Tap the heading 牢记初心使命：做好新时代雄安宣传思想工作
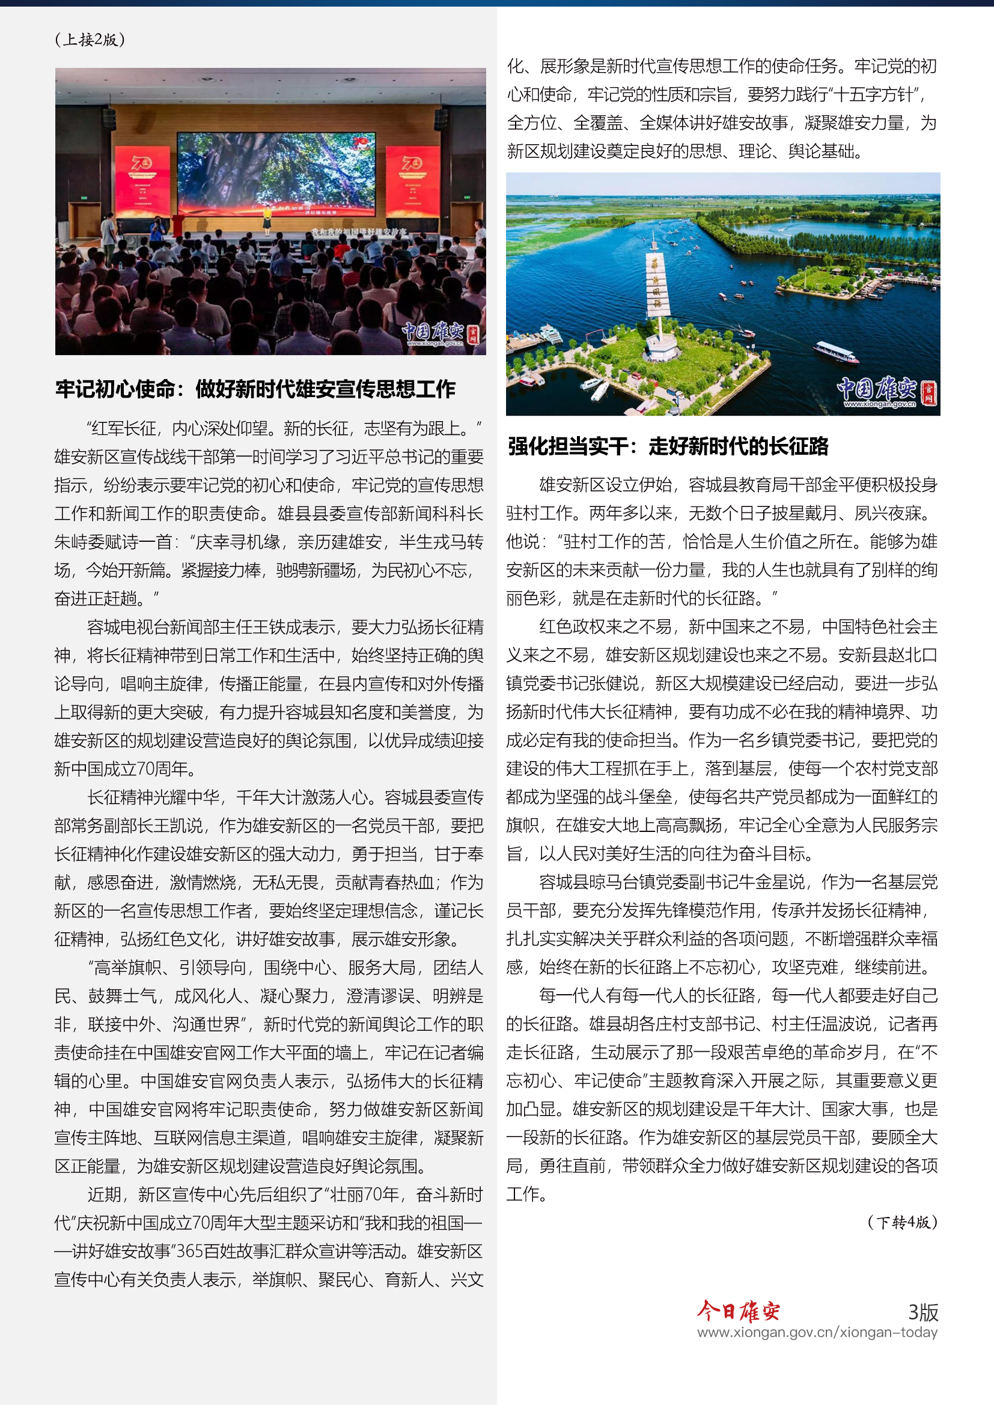tap(255, 389)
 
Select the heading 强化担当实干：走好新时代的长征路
tap(668, 447)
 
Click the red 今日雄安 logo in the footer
tap(738, 1311)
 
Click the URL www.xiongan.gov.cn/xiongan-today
tap(817, 1332)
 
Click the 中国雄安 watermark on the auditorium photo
tap(439, 334)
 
